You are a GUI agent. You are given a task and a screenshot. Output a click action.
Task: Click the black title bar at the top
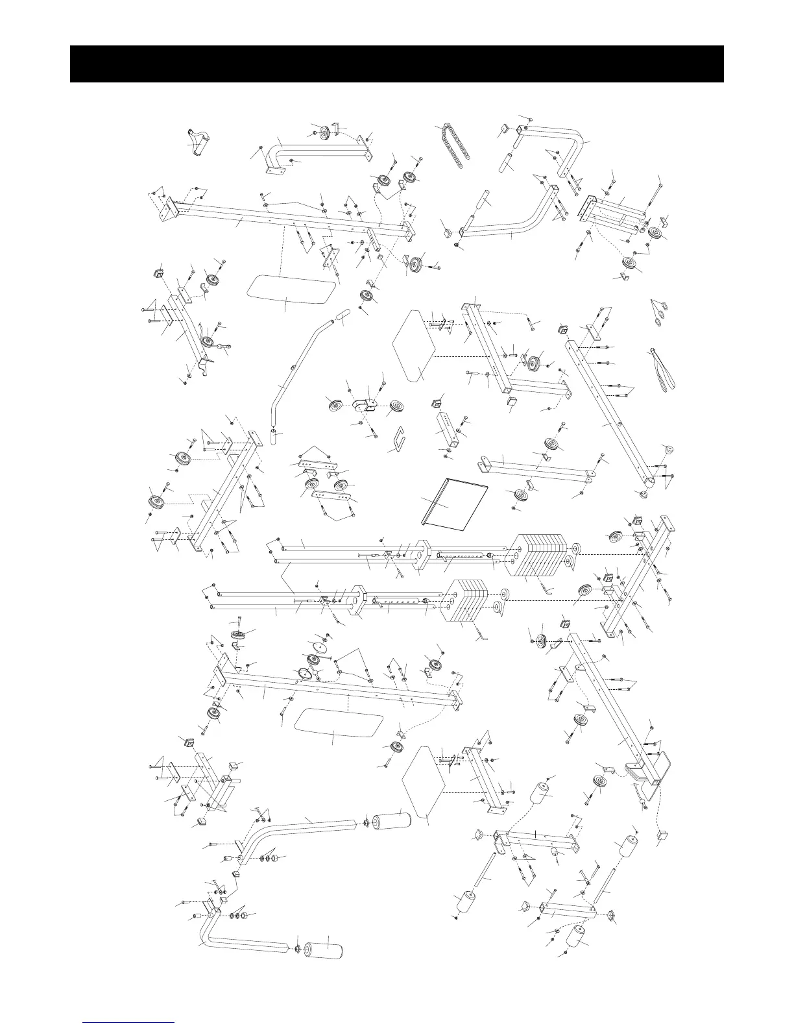[x=396, y=64]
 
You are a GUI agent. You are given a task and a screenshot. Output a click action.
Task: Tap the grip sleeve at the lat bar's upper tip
[x=340, y=317]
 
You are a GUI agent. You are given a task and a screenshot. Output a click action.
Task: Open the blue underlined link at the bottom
[x=129, y=1022]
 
